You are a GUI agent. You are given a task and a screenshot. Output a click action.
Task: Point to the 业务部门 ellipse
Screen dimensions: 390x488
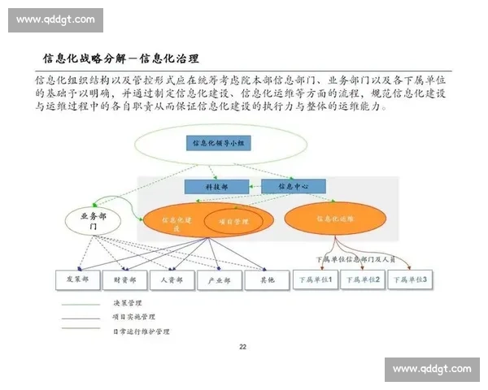pyautogui.click(x=94, y=221)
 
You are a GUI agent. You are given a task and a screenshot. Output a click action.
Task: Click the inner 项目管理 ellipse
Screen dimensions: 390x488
pyautogui.click(x=228, y=220)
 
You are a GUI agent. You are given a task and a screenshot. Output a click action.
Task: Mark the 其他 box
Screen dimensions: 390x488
pyautogui.click(x=267, y=279)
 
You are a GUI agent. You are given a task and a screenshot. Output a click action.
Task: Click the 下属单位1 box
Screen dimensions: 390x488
pyautogui.click(x=316, y=279)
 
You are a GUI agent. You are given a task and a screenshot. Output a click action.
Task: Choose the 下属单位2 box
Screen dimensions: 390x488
pyautogui.click(x=362, y=279)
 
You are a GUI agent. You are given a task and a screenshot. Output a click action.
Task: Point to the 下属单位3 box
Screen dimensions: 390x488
pyautogui.click(x=410, y=279)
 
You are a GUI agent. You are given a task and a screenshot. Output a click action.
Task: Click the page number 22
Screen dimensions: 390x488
pyautogui.click(x=242, y=348)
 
